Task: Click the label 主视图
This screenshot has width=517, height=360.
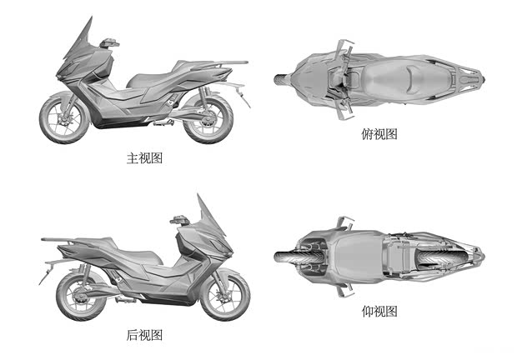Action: (x=144, y=157)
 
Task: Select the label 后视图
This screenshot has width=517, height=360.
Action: (x=144, y=335)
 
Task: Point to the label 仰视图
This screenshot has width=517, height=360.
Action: (x=379, y=312)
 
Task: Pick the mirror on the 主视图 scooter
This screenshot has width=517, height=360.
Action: (x=108, y=42)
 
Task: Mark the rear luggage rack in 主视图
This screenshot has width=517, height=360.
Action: (x=229, y=63)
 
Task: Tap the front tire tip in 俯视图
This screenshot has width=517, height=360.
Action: (x=279, y=79)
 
